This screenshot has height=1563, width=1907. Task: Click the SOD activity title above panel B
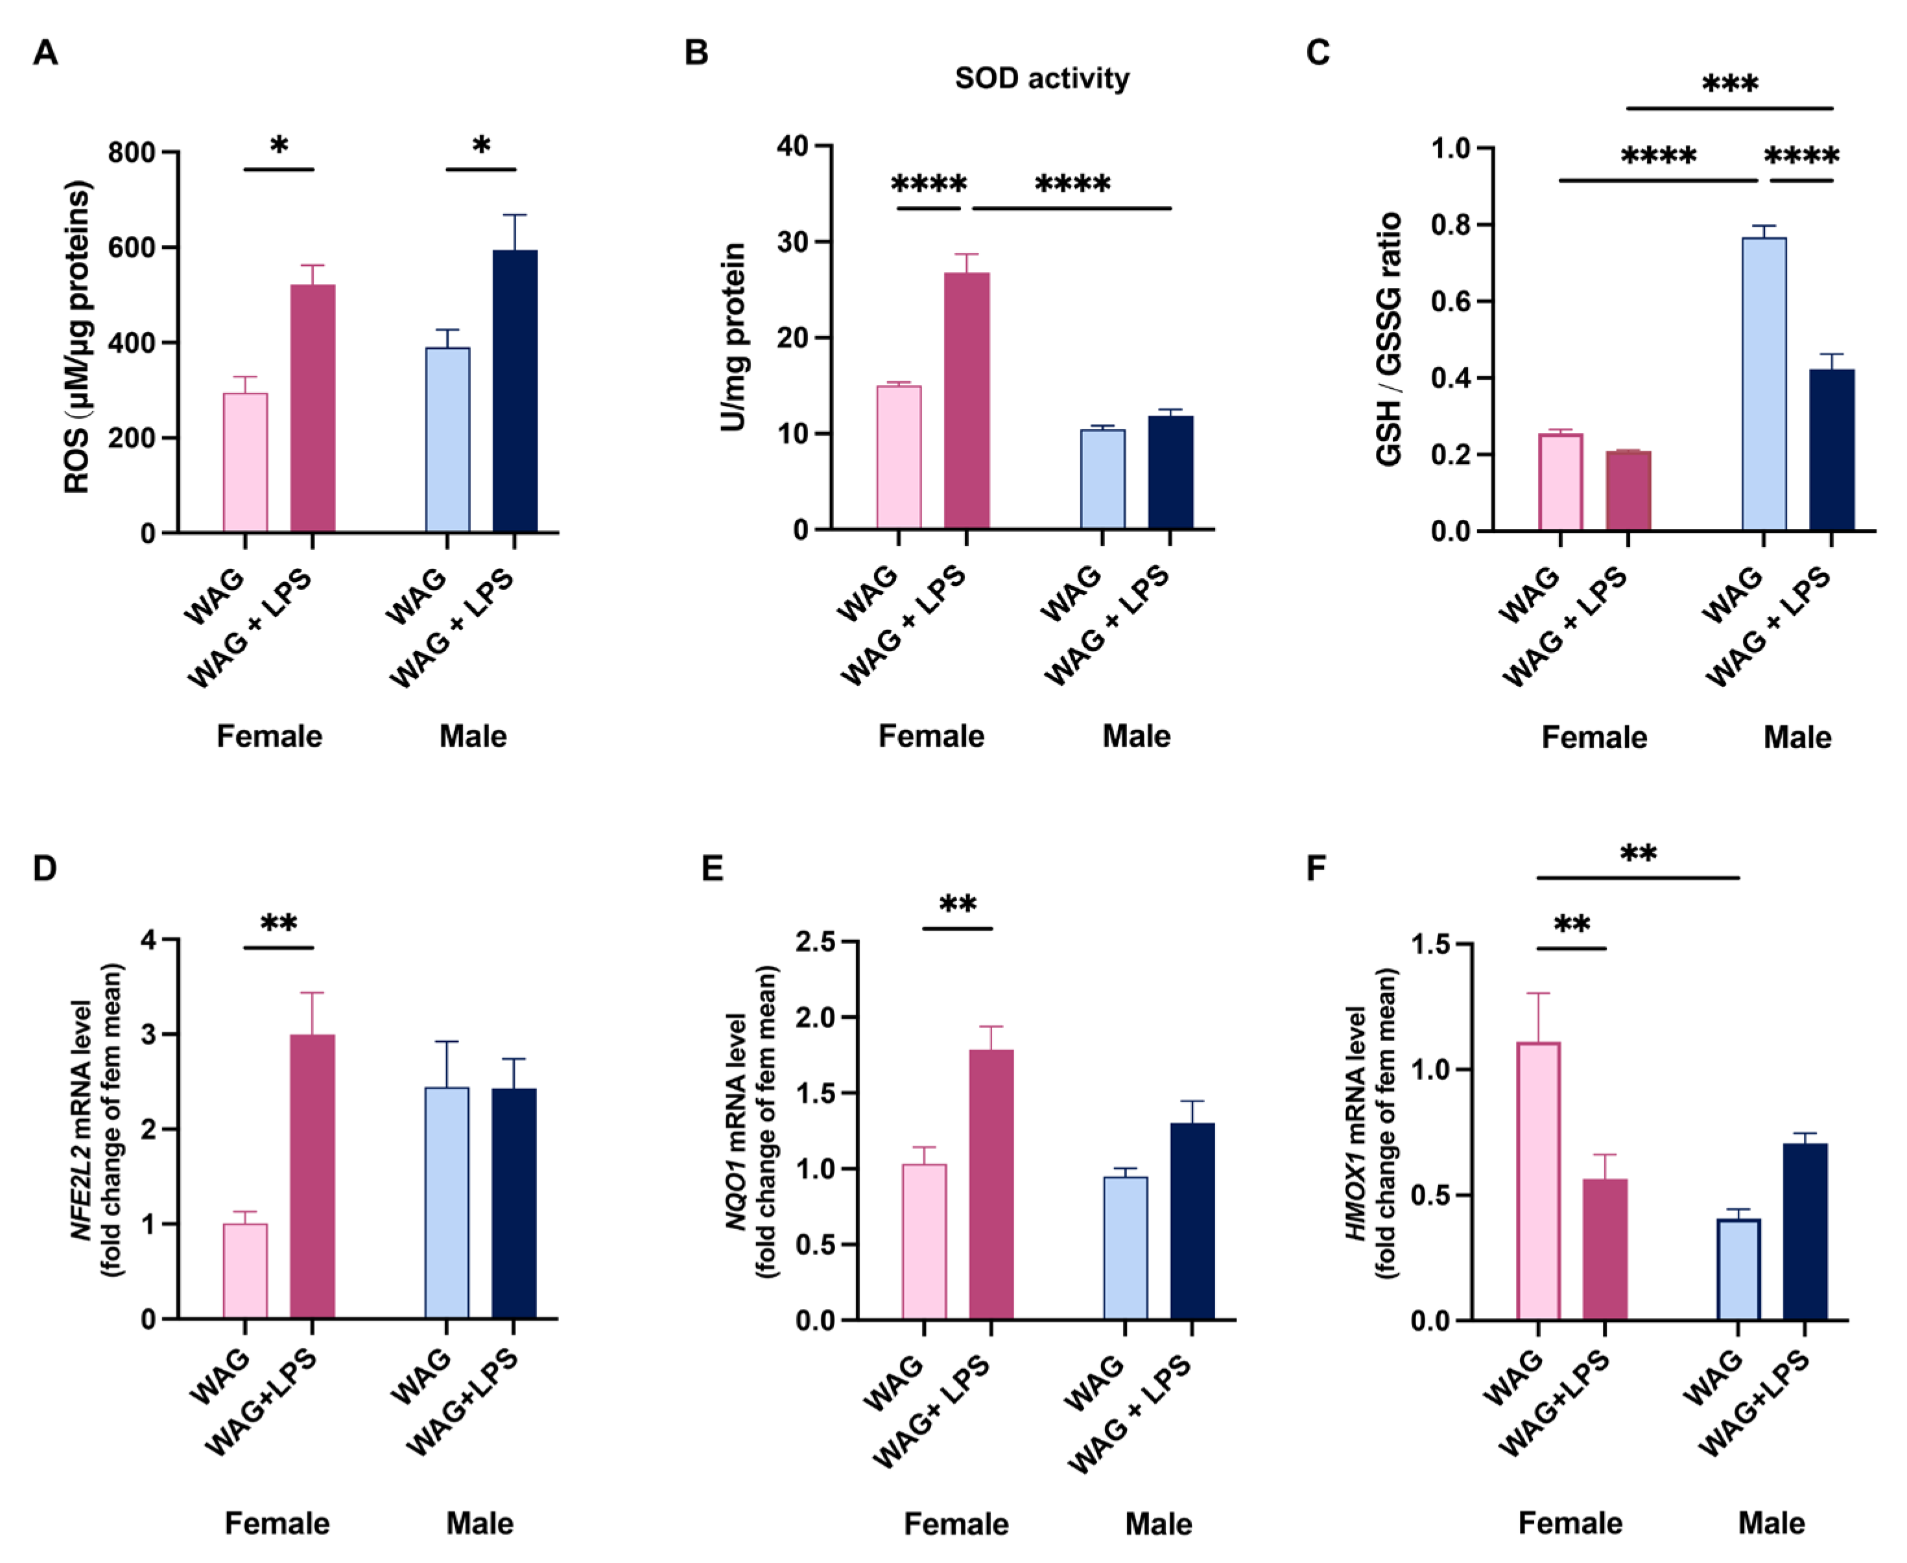point(1042,79)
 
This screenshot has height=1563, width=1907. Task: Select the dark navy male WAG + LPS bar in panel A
point(515,392)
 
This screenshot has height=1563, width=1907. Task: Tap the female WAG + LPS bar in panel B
point(966,401)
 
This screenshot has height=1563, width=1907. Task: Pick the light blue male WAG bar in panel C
point(1764,384)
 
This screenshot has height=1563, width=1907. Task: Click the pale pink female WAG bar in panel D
point(245,1271)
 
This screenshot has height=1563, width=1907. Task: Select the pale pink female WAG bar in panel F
point(1538,1181)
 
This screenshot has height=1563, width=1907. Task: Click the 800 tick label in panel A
point(132,153)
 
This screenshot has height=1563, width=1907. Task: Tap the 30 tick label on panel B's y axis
point(792,242)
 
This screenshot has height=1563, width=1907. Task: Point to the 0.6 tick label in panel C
point(1450,301)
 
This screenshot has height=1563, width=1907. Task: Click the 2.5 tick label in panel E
point(815,942)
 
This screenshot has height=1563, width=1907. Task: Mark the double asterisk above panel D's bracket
point(278,924)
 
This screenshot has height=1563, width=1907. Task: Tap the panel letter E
point(712,869)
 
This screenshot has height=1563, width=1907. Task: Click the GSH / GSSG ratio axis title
point(1390,340)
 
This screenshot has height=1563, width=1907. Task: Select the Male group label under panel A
point(473,736)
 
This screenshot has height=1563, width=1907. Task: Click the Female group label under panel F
point(1570,1523)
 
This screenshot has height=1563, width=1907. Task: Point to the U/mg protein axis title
point(734,338)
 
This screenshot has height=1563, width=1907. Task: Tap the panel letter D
point(44,869)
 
